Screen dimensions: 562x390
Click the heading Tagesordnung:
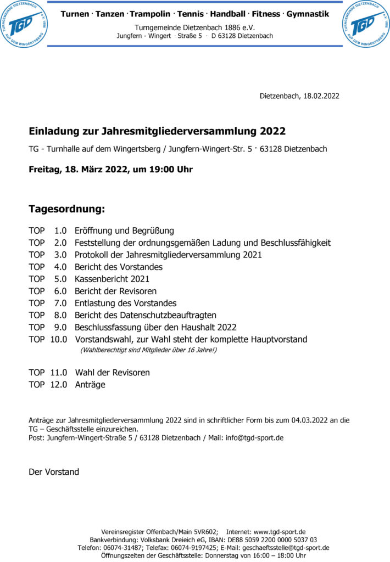[66, 209]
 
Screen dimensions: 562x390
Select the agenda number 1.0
[60, 231]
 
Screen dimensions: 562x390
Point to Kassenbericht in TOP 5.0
[102, 279]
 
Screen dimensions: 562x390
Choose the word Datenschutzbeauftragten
[165, 315]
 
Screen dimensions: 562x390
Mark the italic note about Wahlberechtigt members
[148, 350]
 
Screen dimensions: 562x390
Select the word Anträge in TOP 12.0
[90, 385]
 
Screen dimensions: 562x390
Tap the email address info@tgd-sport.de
[254, 438]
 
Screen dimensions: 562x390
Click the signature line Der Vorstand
[54, 472]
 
